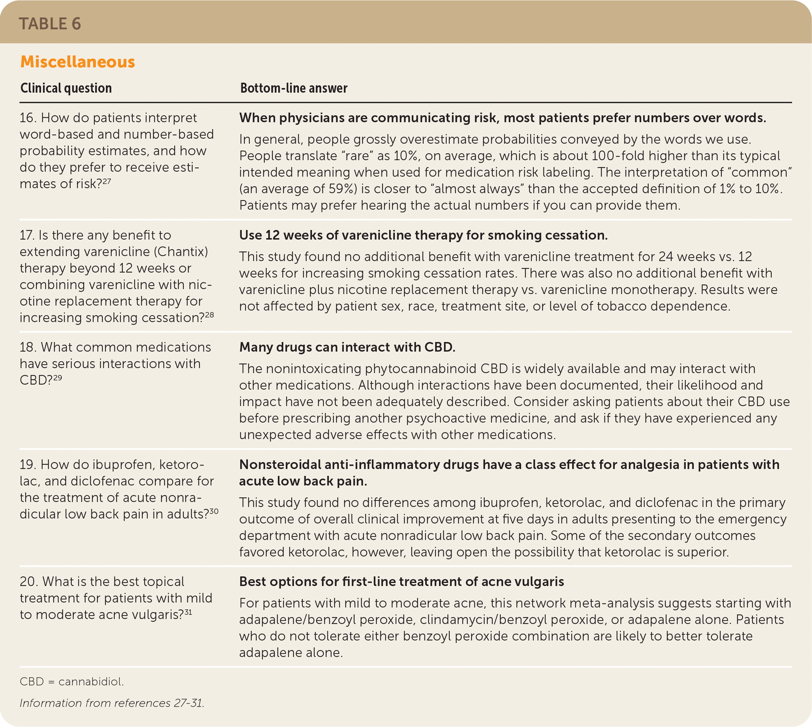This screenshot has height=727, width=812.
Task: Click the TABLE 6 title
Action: coord(50,24)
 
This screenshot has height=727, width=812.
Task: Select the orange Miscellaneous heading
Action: coord(78,62)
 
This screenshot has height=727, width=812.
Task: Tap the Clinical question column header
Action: coord(66,88)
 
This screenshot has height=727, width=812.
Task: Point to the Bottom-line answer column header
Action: coord(294,88)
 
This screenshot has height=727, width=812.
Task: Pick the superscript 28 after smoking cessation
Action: coord(210,315)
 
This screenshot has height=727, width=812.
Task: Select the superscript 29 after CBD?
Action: coord(58,377)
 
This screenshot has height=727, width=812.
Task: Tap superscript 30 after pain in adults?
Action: coord(214,511)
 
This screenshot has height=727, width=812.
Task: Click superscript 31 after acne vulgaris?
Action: coord(188,612)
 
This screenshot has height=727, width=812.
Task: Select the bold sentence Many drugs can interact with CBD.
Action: coord(347,347)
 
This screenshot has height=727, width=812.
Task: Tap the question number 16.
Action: coord(28,118)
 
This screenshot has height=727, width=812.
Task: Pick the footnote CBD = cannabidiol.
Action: coord(72,681)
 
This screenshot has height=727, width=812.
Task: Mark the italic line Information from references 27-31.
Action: coord(112,703)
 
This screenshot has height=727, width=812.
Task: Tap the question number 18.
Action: coord(28,347)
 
